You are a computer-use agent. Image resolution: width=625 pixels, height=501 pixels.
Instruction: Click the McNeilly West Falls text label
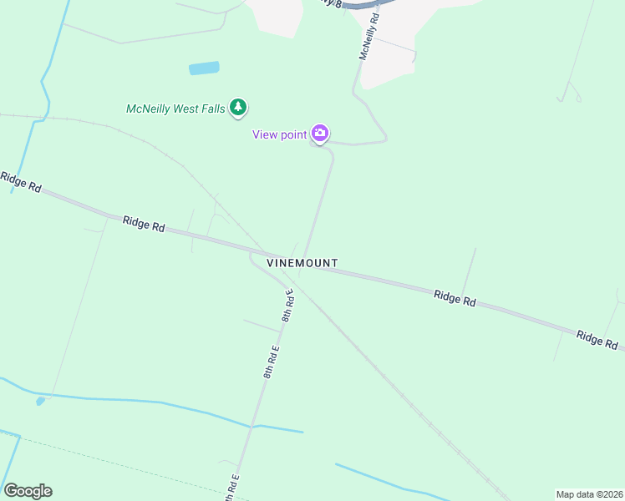[175, 109]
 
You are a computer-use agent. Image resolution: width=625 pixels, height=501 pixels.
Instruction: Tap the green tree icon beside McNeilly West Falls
[239, 107]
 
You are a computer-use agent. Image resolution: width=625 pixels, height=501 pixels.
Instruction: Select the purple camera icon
[319, 134]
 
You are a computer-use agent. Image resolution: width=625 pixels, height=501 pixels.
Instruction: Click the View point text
[280, 134]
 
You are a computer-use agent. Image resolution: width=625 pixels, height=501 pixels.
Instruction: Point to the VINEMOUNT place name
[302, 263]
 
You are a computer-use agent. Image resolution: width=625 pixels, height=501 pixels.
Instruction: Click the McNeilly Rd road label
[368, 39]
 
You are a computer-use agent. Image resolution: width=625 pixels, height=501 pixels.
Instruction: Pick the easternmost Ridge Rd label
[597, 339]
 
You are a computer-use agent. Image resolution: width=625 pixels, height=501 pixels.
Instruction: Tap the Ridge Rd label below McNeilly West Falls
[144, 225]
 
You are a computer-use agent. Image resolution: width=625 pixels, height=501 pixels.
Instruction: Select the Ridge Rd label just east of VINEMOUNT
[455, 298]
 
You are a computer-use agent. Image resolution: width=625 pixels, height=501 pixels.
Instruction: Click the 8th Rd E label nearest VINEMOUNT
[287, 306]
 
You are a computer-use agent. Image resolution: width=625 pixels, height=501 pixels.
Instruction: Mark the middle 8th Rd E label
[271, 361]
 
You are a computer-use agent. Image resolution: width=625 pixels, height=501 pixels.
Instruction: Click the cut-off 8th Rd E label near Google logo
[232, 488]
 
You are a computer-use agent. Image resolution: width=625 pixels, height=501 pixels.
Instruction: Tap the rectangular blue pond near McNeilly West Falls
[204, 68]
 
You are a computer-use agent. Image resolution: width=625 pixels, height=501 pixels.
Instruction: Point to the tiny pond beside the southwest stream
[40, 402]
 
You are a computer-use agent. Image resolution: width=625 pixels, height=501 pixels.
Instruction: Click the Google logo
[28, 491]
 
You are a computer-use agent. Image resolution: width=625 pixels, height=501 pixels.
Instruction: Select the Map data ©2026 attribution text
[589, 494]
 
